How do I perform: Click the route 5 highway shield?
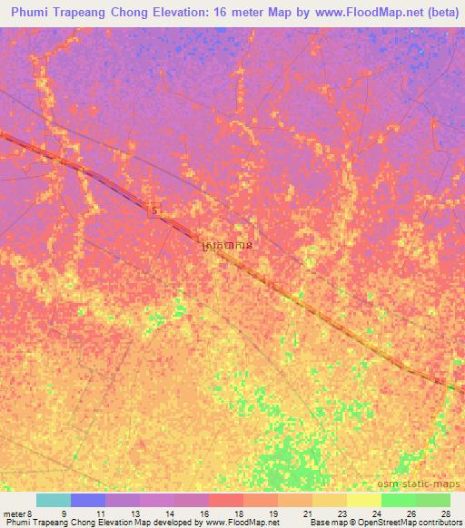[154, 210]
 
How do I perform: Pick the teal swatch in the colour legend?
[53, 500]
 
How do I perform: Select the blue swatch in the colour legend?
[87, 500]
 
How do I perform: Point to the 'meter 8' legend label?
[15, 513]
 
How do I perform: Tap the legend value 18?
[238, 513]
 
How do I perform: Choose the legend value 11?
[100, 513]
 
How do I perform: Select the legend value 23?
[341, 513]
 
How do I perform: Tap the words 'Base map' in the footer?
[322, 523]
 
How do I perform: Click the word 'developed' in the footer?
[179, 523]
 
